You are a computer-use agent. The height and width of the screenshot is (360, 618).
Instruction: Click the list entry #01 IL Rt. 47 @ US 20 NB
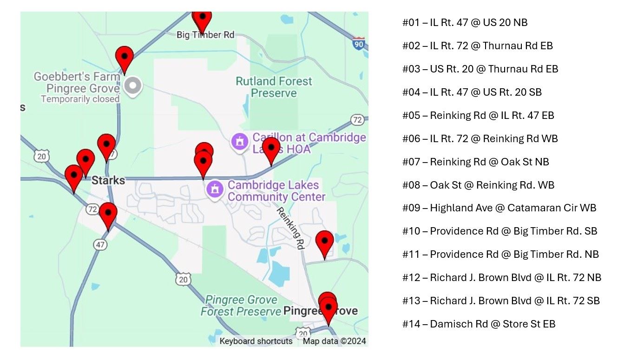[x=465, y=22]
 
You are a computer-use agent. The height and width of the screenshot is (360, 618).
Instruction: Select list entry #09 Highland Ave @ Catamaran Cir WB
[x=499, y=208]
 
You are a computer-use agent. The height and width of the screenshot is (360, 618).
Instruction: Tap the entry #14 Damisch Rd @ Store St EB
[x=479, y=324]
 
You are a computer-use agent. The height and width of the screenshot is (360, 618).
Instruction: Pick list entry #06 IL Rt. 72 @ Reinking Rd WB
[x=480, y=138]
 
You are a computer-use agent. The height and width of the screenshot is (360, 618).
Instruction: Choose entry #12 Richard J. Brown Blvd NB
[x=502, y=277]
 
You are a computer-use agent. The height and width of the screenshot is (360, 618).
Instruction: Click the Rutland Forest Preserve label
[x=274, y=87]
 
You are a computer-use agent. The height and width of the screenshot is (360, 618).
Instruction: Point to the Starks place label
[x=108, y=180]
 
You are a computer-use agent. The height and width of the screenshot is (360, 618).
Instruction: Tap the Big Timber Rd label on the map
[x=205, y=35]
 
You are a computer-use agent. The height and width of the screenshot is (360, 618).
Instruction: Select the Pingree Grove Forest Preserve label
[x=241, y=306]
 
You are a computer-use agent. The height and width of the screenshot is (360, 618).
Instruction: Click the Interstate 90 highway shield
[x=358, y=43]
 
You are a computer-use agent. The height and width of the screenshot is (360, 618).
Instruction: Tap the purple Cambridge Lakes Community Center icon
[x=214, y=190]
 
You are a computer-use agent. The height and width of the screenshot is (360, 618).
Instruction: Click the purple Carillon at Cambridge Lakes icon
[x=240, y=142]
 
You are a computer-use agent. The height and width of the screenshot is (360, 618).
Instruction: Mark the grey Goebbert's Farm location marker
[x=134, y=85]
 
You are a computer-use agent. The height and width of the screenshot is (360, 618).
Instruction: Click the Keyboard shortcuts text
[x=256, y=341]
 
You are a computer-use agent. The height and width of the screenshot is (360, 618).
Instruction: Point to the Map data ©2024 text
[x=334, y=341]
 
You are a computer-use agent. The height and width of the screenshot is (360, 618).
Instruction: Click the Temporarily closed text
[x=80, y=99]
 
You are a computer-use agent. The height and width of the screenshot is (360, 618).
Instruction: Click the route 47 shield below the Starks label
[x=100, y=244]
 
